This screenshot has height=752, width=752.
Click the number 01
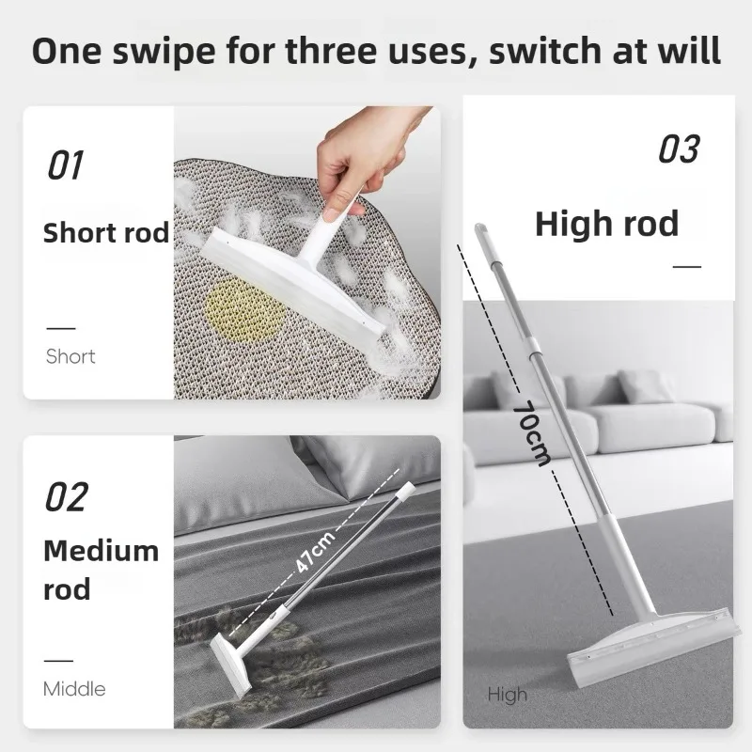(66, 165)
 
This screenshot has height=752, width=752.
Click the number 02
(67, 497)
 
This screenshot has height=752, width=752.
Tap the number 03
(679, 149)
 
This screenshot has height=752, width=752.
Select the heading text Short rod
(106, 232)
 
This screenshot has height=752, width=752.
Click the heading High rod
(606, 224)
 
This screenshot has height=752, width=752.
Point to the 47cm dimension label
(315, 552)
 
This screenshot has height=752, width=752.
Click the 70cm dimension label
(531, 434)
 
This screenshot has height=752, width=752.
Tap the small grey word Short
(70, 356)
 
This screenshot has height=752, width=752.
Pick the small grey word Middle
(74, 689)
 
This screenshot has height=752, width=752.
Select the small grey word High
(507, 695)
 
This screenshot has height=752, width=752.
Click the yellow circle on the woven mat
(243, 310)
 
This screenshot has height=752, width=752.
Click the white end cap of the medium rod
(406, 491)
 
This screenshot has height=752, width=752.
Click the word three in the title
(331, 51)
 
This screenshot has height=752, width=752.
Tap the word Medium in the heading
(101, 551)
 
